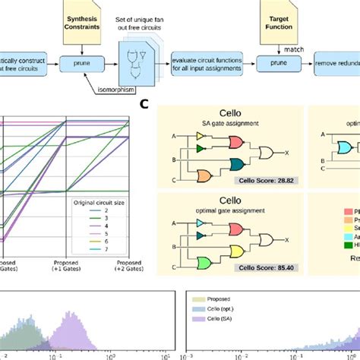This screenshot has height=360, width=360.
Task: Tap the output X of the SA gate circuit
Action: point(286,153)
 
